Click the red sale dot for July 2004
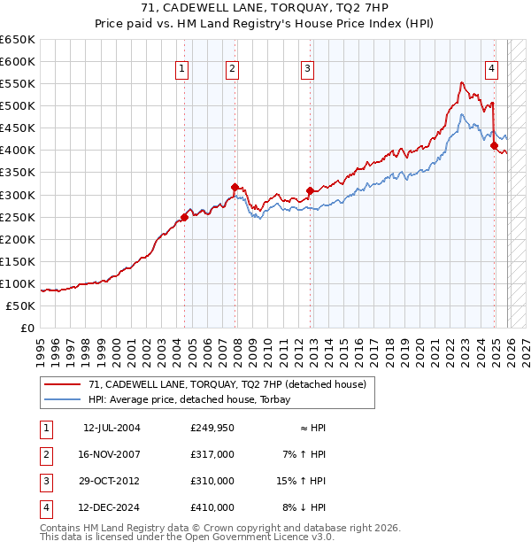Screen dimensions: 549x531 (x=184, y=217)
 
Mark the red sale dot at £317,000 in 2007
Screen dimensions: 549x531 (x=235, y=187)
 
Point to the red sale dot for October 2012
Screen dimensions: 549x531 (x=310, y=190)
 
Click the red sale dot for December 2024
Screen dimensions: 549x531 (x=494, y=146)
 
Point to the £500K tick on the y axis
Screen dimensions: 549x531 (x=18, y=106)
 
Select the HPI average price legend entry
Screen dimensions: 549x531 (x=196, y=399)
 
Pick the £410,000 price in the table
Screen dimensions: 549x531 (x=212, y=507)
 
